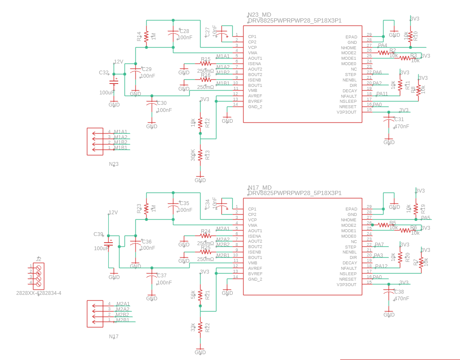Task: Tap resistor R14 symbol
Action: (x=146, y=36)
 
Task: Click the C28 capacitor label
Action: (x=184, y=31)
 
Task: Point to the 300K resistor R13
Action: (x=200, y=155)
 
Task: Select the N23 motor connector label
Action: (x=114, y=164)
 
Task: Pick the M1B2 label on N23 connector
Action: (x=121, y=142)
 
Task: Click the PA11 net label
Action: (x=382, y=94)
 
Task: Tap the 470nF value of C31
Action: (x=402, y=126)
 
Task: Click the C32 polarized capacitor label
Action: (x=104, y=73)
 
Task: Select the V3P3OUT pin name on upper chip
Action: (x=347, y=112)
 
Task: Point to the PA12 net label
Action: (x=381, y=266)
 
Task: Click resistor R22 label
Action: (x=207, y=327)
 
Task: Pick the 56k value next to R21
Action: (x=193, y=295)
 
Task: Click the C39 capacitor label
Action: (x=98, y=234)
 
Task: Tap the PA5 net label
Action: (x=425, y=218)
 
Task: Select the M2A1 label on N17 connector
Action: (x=123, y=304)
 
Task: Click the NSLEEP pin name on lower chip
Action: (x=348, y=274)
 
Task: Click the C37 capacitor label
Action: (x=162, y=276)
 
